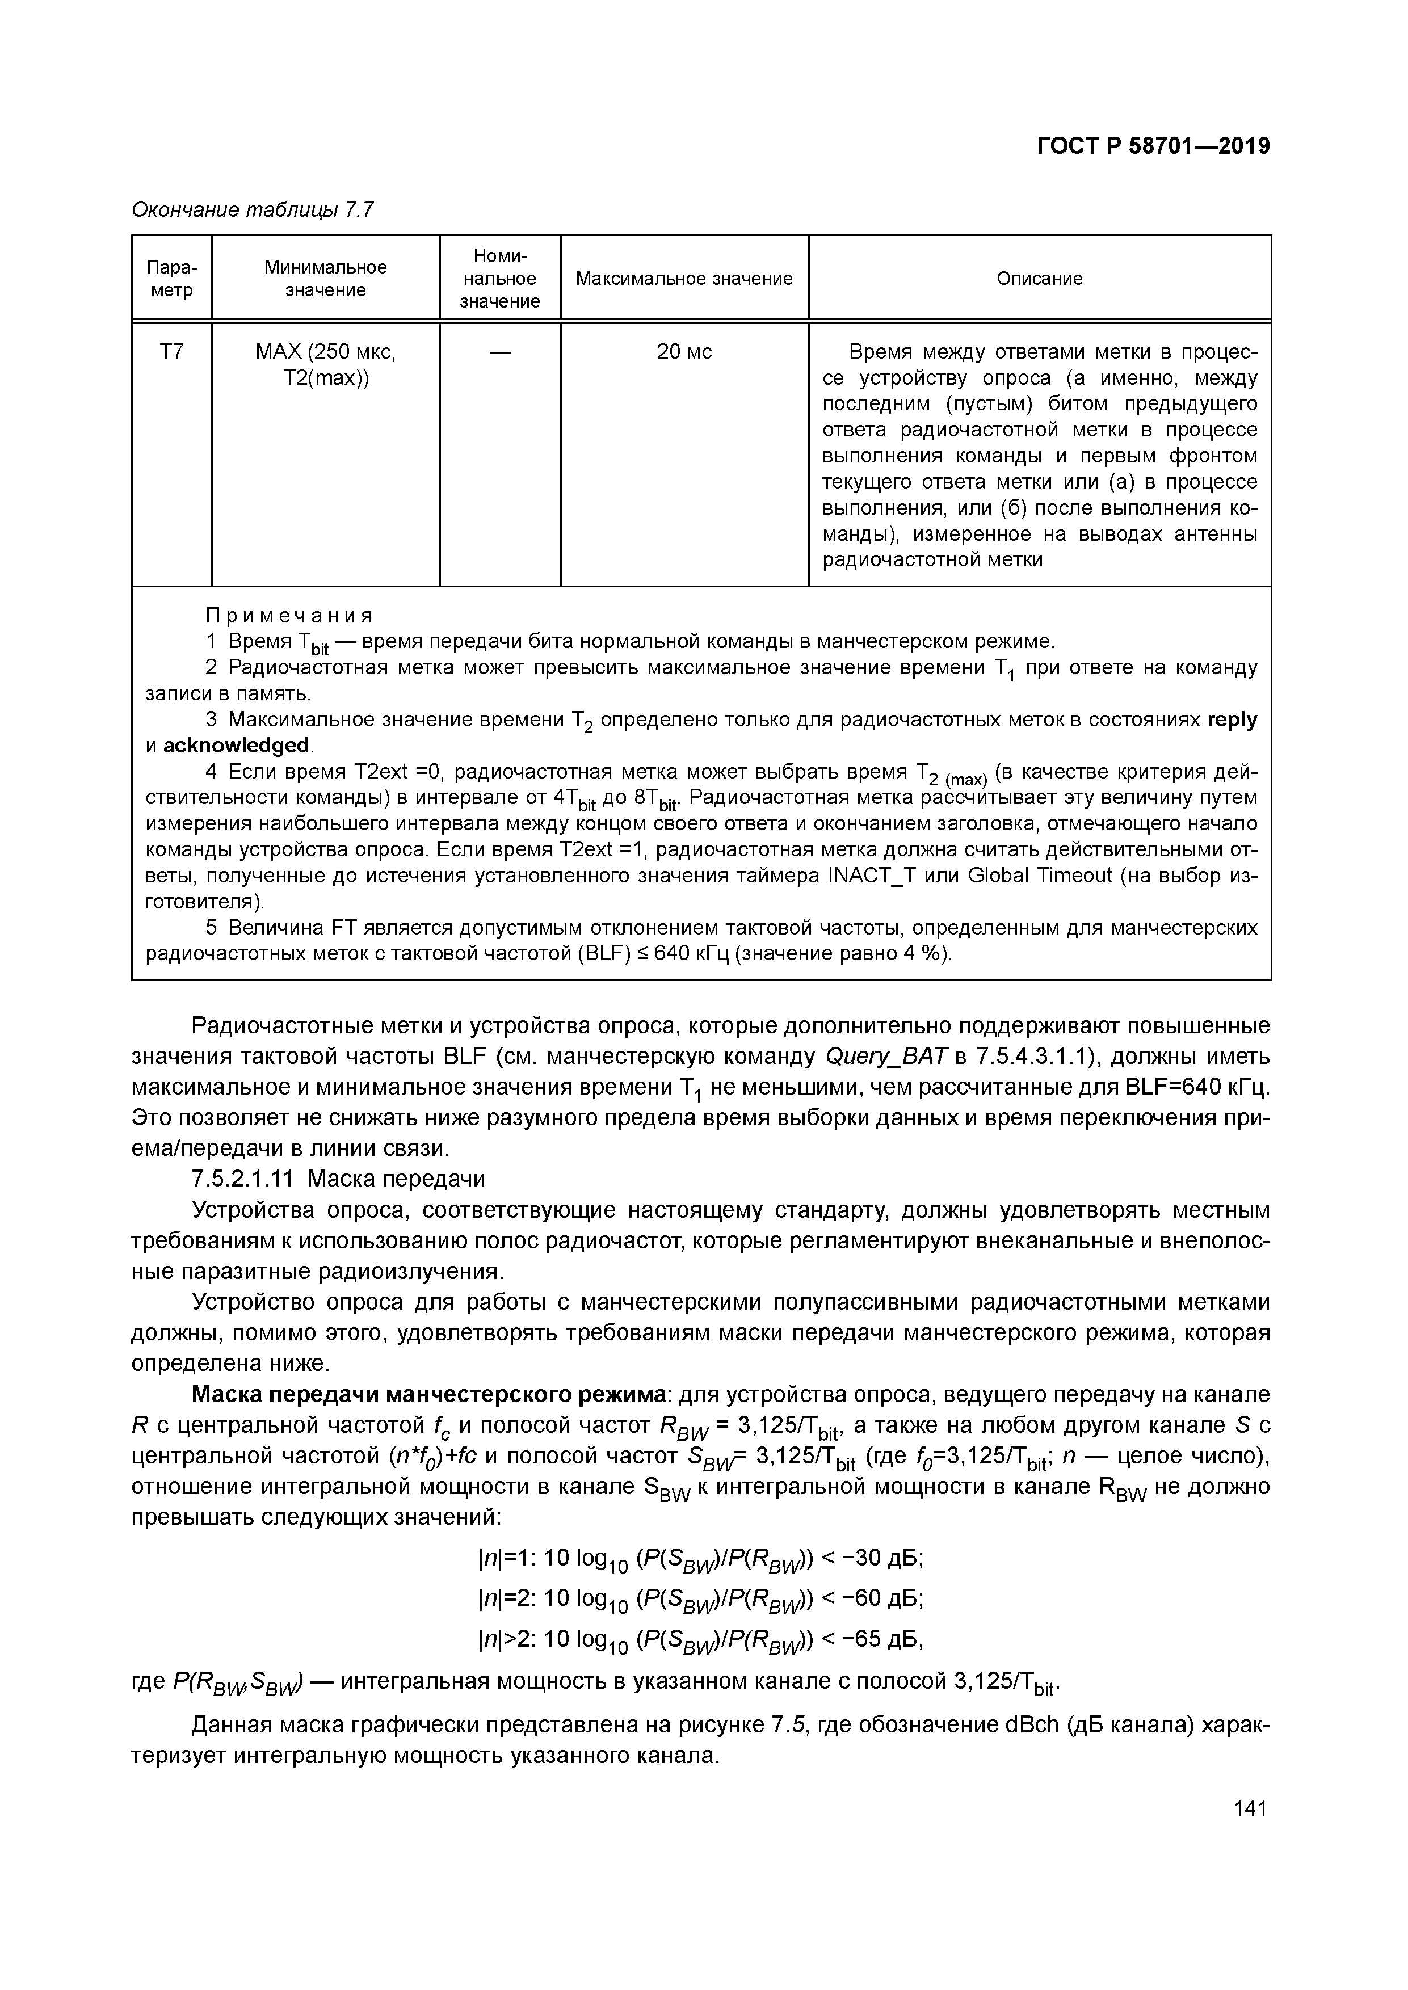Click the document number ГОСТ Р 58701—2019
tap(1153, 146)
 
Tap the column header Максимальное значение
tap(684, 278)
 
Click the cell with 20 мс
tap(684, 352)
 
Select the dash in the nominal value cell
tap(500, 352)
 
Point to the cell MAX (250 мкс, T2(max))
tap(326, 365)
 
